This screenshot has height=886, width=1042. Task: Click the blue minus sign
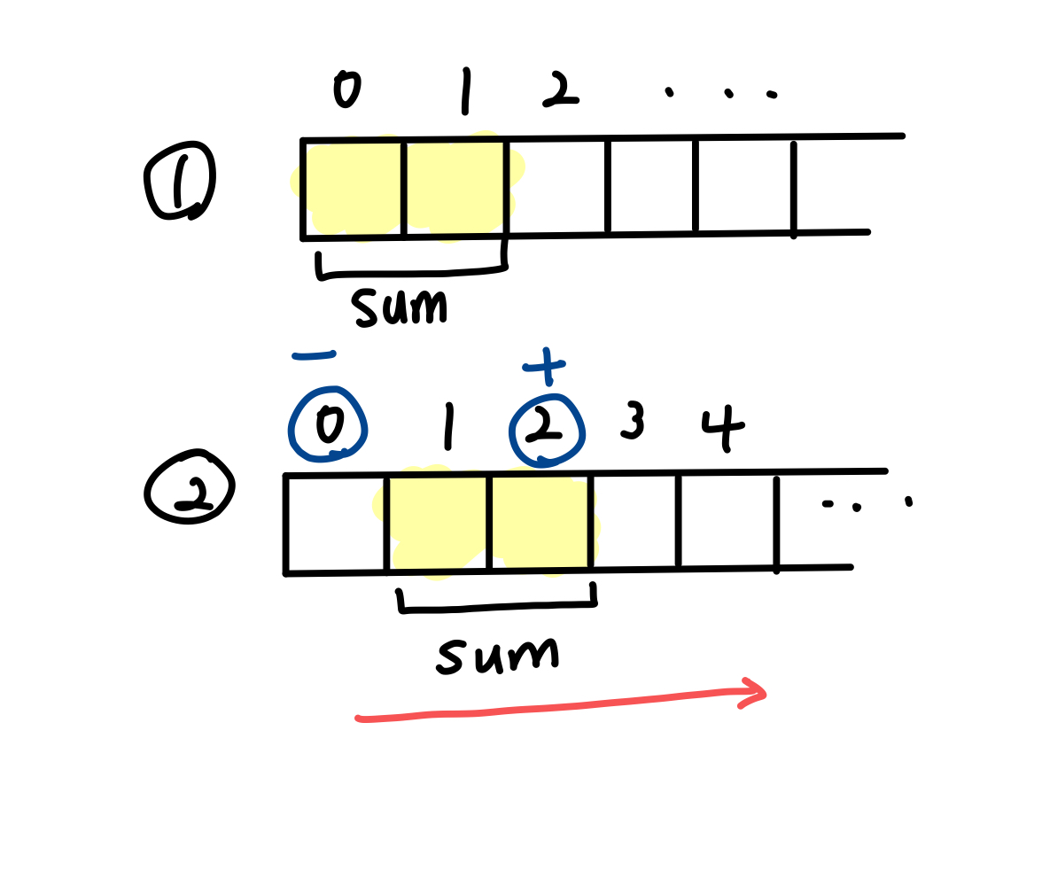314,356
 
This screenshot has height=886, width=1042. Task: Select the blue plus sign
545,367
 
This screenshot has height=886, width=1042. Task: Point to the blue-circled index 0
328,424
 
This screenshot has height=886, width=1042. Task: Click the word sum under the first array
400,307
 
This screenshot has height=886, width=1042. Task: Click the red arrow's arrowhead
753,692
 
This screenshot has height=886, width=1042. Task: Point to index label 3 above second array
633,421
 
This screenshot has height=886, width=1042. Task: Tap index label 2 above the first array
559,89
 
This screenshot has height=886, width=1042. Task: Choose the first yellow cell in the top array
353,187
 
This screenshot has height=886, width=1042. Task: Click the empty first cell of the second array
336,524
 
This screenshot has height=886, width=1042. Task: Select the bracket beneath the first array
412,270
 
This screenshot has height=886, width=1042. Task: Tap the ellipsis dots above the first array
721,92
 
